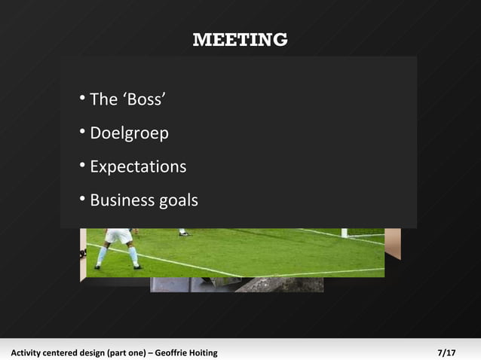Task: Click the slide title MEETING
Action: click(x=240, y=39)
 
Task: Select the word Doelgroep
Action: click(x=129, y=133)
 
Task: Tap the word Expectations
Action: click(x=138, y=166)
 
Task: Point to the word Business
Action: click(x=121, y=200)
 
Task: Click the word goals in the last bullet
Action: click(x=179, y=201)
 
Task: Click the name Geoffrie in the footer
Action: click(x=173, y=352)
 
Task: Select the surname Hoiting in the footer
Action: click(x=204, y=352)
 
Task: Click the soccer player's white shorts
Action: click(x=118, y=236)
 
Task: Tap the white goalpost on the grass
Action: click(x=344, y=233)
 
